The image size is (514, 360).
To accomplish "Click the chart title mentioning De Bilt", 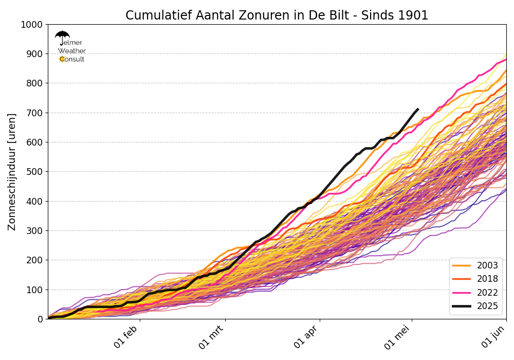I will pyautogui.click(x=277, y=15).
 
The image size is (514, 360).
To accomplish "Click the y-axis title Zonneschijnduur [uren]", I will pyautogui.click(x=12, y=172).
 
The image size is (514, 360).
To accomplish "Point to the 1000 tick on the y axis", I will pyautogui.click(x=32, y=25).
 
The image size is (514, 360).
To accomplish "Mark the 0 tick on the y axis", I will pyautogui.click(x=40, y=319).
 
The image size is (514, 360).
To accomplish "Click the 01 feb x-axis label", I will pyautogui.click(x=127, y=337).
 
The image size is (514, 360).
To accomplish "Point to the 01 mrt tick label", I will pyautogui.click(x=212, y=338).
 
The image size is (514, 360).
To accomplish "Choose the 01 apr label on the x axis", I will pyautogui.click(x=307, y=337).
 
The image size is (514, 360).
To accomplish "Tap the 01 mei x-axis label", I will pyautogui.click(x=398, y=338).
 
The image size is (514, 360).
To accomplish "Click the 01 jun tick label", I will pyautogui.click(x=494, y=337).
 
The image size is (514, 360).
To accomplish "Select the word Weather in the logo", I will pyautogui.click(x=72, y=51).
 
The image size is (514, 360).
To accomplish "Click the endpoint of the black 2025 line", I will pyautogui.click(x=418, y=109).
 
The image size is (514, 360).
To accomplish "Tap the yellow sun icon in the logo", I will pyautogui.click(x=62, y=59).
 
